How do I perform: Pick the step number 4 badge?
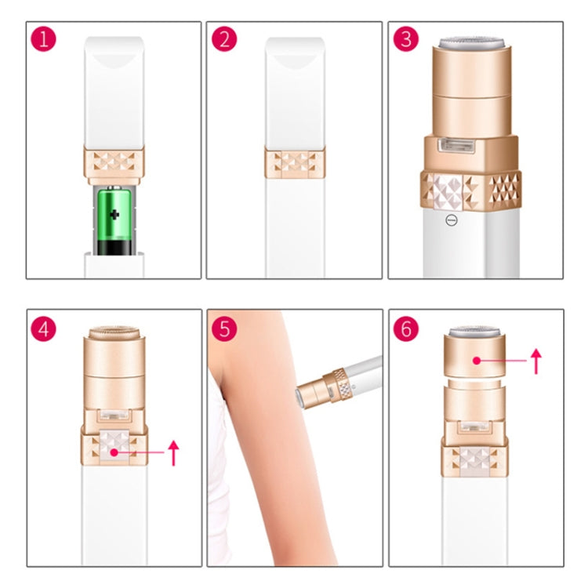pos(45,328)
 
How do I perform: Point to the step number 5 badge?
pos(225,328)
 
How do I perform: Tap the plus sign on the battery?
pos(114,214)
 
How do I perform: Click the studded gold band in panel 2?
pos(295,163)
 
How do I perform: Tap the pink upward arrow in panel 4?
pos(174,452)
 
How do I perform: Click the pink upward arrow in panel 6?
pos(536,361)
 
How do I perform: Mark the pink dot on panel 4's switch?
pos(114,453)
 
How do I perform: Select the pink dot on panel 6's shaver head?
pos(476,361)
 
